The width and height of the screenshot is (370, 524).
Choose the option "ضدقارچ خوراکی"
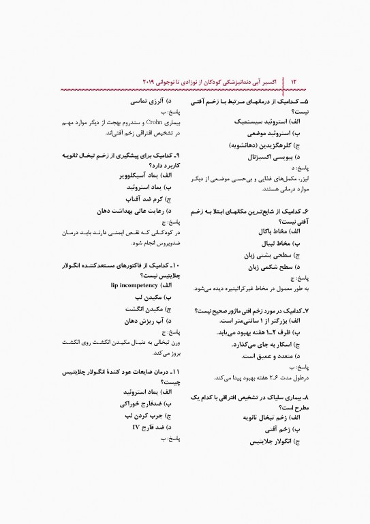142,403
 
